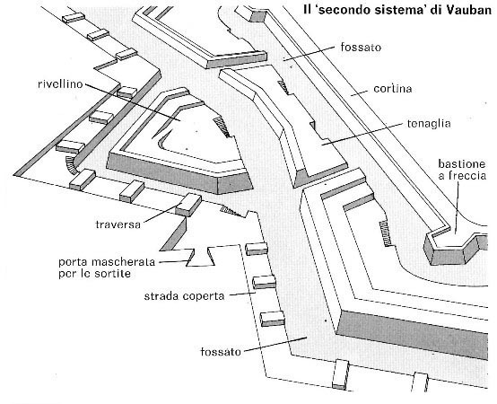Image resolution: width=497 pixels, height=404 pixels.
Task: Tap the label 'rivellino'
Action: (x=60, y=84)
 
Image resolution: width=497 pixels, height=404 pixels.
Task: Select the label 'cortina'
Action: (x=392, y=89)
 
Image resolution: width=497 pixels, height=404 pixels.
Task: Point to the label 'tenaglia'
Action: (x=429, y=123)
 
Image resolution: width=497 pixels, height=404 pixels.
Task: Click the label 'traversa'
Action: (x=118, y=224)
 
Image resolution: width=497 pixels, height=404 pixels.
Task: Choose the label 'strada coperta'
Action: (x=184, y=296)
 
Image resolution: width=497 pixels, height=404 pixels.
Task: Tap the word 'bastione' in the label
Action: (x=461, y=164)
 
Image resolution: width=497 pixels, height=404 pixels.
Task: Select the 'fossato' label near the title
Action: (x=361, y=48)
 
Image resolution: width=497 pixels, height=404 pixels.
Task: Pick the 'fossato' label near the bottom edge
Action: (x=221, y=352)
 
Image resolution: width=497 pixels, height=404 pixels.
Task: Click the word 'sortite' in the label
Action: (x=113, y=274)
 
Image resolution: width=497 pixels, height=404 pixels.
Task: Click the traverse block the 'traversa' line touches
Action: (x=188, y=205)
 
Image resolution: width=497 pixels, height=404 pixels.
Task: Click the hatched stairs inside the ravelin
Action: (x=222, y=127)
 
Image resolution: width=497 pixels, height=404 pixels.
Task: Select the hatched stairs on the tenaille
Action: (x=283, y=87)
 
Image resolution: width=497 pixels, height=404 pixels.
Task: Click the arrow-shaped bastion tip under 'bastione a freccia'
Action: (x=455, y=250)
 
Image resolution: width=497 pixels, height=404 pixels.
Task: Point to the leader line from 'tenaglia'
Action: (x=363, y=134)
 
